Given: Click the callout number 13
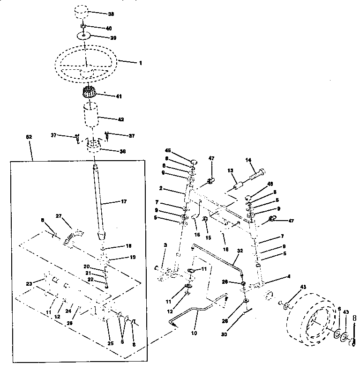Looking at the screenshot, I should [x=231, y=171].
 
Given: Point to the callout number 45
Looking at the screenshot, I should [x=167, y=150].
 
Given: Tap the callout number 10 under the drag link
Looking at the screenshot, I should [x=194, y=333].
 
